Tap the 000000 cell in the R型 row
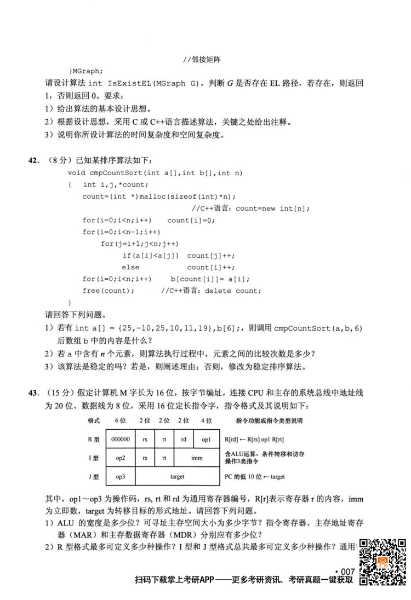(120, 440)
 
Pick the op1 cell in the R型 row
(206, 440)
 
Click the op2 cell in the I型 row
(120, 458)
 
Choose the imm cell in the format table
(196, 458)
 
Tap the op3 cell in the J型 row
(120, 477)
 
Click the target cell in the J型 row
(177, 477)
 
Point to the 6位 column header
(120, 420)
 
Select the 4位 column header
(206, 420)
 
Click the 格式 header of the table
(93, 420)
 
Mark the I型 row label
(93, 458)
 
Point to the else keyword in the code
(130, 267)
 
